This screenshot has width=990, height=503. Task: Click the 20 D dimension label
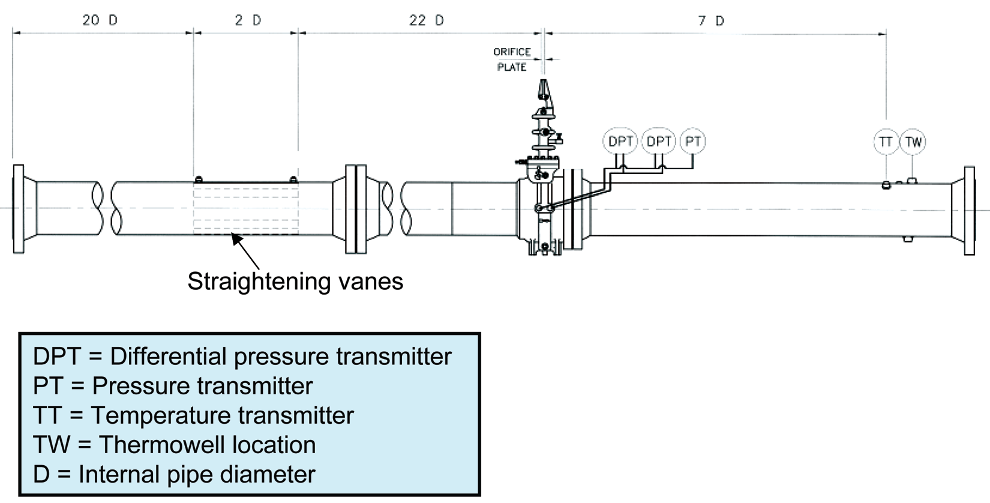point(100,20)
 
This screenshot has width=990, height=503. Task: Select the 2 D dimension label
point(248,20)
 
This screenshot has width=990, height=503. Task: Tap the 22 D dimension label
point(426,20)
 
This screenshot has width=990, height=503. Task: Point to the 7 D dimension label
point(711,21)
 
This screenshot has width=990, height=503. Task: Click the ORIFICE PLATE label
point(512,59)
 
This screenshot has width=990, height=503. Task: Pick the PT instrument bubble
point(692,142)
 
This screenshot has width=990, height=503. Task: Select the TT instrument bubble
point(886,142)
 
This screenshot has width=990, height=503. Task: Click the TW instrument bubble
point(913,142)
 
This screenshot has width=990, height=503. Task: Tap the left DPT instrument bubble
point(620,142)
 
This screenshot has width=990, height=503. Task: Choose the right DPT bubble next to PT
point(659,142)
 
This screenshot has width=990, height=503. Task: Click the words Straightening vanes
point(295,282)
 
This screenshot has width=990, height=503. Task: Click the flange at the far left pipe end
point(19,209)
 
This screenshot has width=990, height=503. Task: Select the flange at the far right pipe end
point(969,211)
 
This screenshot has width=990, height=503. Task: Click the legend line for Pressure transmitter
point(173,386)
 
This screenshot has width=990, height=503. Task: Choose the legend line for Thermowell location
point(175,445)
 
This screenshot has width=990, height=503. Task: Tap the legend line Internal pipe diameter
point(174,474)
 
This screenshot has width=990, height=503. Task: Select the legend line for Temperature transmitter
point(194,415)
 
